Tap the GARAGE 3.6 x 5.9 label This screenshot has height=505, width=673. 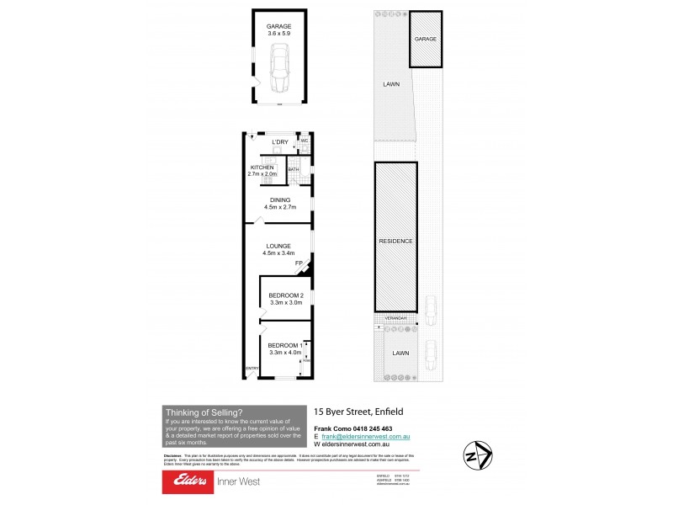coord(278,31)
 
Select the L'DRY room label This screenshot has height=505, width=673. coord(279,142)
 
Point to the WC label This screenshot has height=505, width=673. coord(305,141)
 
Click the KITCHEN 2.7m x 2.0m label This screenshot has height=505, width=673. coord(268,171)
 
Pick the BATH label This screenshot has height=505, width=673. coord(294,170)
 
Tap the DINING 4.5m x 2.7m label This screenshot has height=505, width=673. coord(279,203)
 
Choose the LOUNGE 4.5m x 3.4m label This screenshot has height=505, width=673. coord(279,249)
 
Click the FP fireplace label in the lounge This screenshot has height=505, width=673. coord(298,264)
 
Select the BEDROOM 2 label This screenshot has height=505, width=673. coord(285,298)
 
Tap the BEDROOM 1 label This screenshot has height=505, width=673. coord(284,348)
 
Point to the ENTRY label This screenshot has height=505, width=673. coord(251,369)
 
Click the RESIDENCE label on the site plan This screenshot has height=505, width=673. coord(395,241)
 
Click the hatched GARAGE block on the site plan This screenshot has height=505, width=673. coord(425,39)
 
